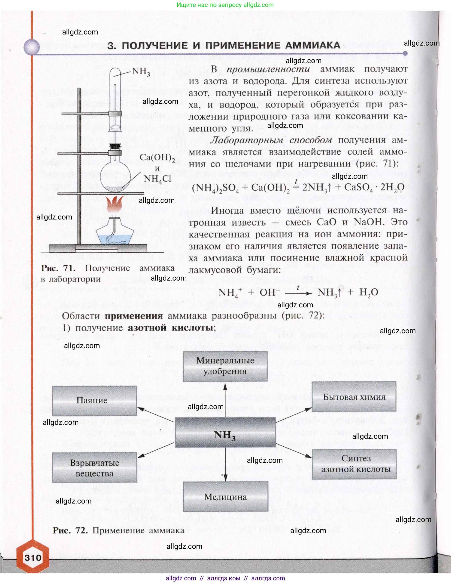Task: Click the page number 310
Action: (x=33, y=558)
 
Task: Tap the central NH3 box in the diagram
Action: (x=225, y=436)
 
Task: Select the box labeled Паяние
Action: (x=94, y=401)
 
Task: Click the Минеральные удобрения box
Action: (x=225, y=366)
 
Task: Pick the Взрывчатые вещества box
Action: (x=94, y=468)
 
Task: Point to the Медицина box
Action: (x=226, y=497)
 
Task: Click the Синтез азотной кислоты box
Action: (x=354, y=464)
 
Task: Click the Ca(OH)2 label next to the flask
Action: (x=157, y=158)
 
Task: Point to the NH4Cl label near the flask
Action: (x=157, y=179)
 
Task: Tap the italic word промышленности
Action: (x=268, y=69)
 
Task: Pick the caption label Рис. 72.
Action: (x=70, y=531)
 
